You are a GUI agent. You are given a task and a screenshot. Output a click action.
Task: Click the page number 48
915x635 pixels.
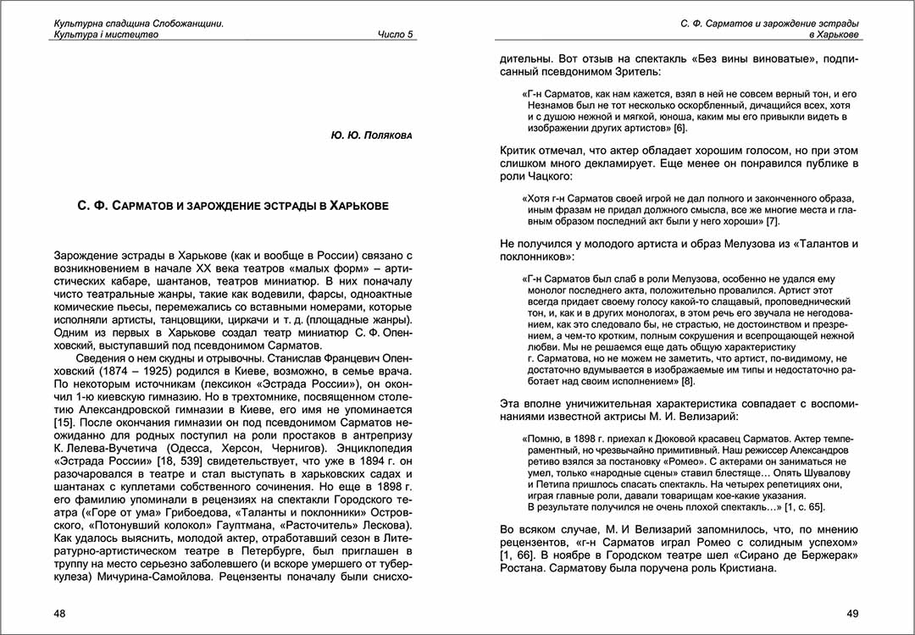click(x=60, y=612)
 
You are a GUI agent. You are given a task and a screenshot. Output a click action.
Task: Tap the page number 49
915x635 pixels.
click(x=852, y=612)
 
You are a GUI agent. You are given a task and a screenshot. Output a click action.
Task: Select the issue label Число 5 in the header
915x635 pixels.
click(x=396, y=35)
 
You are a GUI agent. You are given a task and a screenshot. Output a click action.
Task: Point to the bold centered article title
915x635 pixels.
click(x=227, y=206)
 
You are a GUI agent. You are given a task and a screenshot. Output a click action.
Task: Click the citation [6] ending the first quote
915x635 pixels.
click(x=680, y=128)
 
